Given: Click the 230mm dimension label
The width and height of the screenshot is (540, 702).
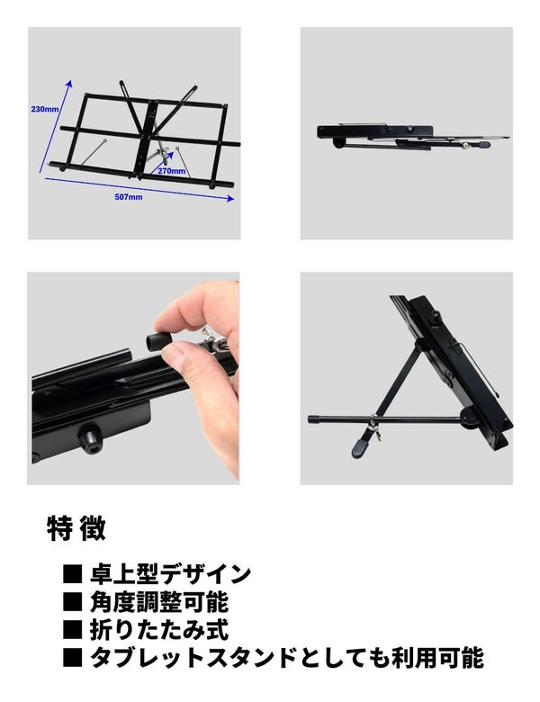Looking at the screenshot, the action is pos(45,109).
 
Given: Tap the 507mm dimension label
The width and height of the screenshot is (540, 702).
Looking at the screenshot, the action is pos(129,197).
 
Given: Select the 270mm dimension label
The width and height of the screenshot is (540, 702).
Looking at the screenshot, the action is pos(172,171).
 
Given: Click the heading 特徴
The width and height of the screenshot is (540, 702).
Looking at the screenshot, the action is pos(76,528).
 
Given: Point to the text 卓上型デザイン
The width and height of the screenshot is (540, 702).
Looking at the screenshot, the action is pos(171,574).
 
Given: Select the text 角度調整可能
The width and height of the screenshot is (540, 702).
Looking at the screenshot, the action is pos(159,602).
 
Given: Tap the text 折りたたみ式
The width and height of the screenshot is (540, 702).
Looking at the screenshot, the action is pos(159,629).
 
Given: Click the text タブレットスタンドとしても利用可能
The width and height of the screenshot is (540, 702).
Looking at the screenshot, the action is pos(287,657).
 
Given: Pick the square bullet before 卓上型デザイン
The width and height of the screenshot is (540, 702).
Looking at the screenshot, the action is pos(73,574).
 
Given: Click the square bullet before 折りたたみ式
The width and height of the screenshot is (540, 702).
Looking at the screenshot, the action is pos(73,629).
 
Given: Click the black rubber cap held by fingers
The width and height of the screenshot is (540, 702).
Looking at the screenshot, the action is pos(157,341).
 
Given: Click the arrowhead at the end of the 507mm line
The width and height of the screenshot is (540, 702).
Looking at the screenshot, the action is pos(230,198).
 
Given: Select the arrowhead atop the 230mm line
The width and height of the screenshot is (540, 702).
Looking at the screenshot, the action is pos(68,85).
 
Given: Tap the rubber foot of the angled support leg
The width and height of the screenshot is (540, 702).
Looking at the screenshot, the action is pos(362,446).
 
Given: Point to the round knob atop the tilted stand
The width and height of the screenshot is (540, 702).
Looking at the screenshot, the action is pos(436,318).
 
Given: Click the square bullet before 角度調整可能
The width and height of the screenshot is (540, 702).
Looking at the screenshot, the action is pos(73,602).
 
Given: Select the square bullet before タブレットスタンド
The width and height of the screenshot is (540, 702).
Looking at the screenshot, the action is pos(73,657).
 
